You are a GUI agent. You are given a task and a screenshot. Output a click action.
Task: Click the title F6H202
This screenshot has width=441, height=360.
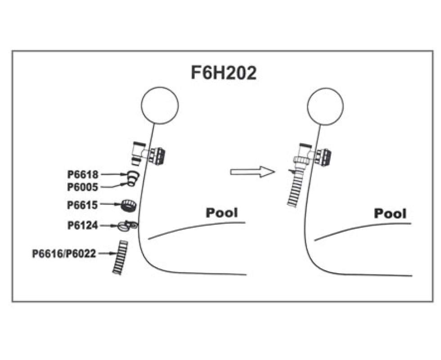pyautogui.click(x=224, y=73)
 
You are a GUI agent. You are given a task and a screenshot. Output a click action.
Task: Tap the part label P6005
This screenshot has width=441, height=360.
pyautogui.click(x=83, y=186)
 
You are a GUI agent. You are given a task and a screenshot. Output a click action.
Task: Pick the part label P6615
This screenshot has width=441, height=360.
pyautogui.click(x=83, y=205)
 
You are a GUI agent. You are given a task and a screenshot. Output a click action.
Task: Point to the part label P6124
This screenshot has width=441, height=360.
pyautogui.click(x=83, y=225)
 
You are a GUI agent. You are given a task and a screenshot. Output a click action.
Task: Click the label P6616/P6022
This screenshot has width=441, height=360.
pyautogui.click(x=64, y=254)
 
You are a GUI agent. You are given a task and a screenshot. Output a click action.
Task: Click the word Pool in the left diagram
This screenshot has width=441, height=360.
pyautogui.click(x=222, y=212)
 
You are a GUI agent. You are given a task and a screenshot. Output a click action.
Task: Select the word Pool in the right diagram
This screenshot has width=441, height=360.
pyautogui.click(x=390, y=213)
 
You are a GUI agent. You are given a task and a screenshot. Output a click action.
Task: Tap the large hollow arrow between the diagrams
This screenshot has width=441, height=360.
pyautogui.click(x=252, y=171)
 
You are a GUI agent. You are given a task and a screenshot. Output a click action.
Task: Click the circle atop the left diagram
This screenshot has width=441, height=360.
pyautogui.click(x=160, y=105)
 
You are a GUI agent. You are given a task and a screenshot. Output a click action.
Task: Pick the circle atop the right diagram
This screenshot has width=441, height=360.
pyautogui.click(x=325, y=105)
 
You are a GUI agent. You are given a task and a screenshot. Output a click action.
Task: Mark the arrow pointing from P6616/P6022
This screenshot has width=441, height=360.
pyautogui.click(x=106, y=254)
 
